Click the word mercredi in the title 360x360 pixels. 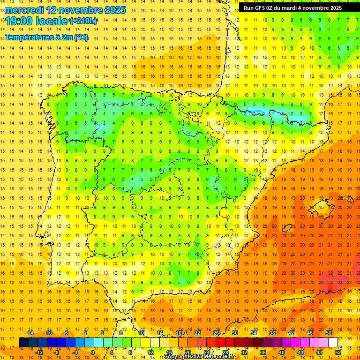24,9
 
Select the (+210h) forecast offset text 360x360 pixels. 83,21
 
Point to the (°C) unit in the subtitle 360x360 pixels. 80,37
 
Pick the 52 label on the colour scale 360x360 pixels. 338,352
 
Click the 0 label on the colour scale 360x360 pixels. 93,352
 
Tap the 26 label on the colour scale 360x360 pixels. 216,333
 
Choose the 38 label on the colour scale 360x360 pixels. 272,333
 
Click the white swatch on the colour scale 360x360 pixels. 333,342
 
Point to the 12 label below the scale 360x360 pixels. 150,352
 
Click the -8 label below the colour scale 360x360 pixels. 57,352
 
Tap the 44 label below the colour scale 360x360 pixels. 300,352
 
